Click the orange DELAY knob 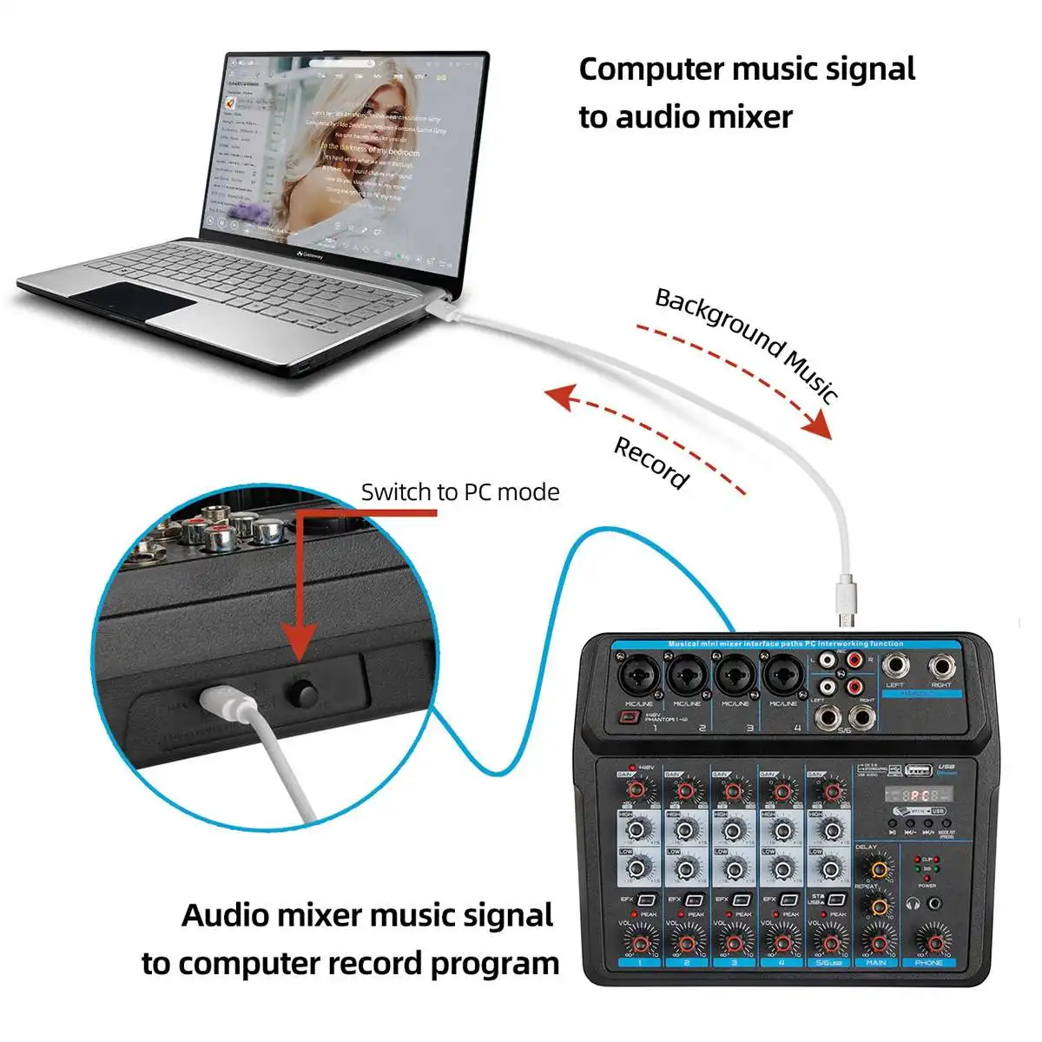click(x=878, y=868)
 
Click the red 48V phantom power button click(x=629, y=718)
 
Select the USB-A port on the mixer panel click(x=918, y=769)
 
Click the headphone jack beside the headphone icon click(x=933, y=904)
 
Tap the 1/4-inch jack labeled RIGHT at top click(x=941, y=667)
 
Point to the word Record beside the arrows click(x=651, y=464)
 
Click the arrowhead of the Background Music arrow click(x=819, y=426)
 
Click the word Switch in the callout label click(x=392, y=492)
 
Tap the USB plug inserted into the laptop click(x=441, y=306)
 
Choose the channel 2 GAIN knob click(x=687, y=790)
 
